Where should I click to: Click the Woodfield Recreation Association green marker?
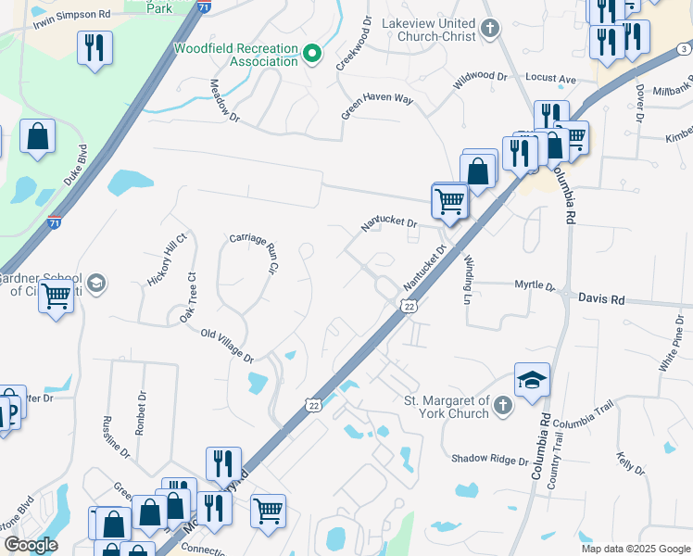[x=313, y=54]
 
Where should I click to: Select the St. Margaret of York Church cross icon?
[x=501, y=405]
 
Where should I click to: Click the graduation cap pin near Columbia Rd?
[x=532, y=380]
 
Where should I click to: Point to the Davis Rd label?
[x=601, y=300]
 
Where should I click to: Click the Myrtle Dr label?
[x=535, y=286]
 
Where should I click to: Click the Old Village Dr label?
[x=227, y=346]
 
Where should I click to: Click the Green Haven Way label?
[x=377, y=105]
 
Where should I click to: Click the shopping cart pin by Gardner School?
[x=56, y=297]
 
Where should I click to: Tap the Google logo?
[x=31, y=545]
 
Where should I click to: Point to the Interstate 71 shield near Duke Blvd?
[x=55, y=222]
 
